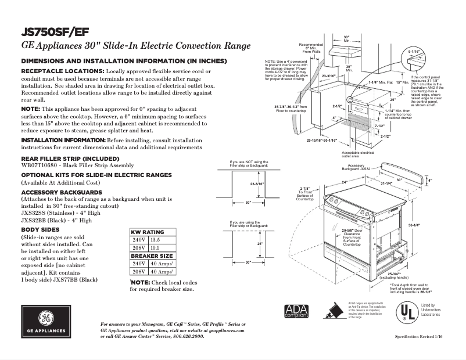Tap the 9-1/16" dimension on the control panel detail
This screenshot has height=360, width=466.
414,53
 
